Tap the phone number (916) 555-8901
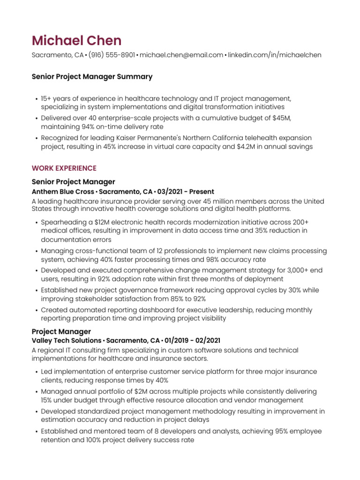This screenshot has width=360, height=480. point(112,55)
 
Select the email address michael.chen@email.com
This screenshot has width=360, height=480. point(181,55)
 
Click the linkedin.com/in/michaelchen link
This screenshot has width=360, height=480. point(275,55)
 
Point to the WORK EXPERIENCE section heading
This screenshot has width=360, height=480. point(64,168)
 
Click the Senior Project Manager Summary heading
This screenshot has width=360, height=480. point(92,76)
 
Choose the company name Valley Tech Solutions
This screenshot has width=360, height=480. point(67,340)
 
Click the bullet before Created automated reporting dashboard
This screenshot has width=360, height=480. point(36,310)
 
